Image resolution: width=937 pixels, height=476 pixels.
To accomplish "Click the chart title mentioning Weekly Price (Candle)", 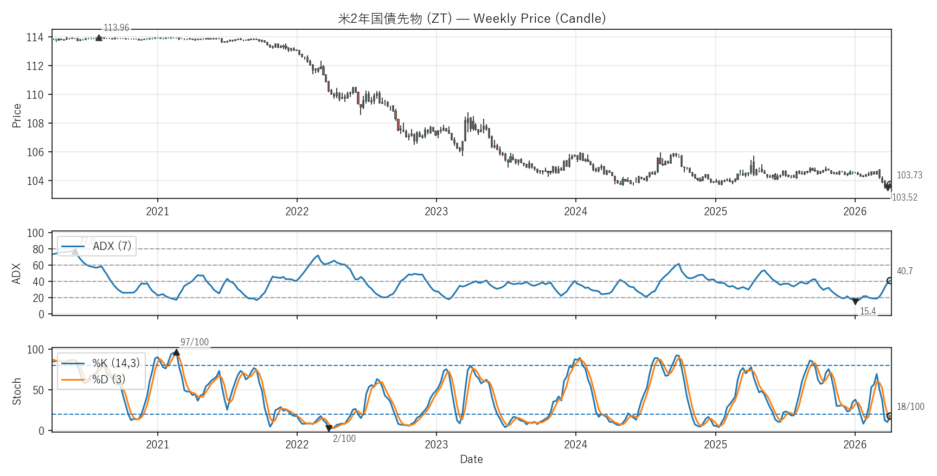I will [x=471, y=18].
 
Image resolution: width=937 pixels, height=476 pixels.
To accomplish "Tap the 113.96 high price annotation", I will [x=116, y=28].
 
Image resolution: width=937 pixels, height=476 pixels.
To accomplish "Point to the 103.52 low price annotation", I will [x=904, y=197].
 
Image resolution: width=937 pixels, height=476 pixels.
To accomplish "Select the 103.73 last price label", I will [x=909, y=175].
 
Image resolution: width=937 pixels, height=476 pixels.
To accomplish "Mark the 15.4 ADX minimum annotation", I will [x=868, y=311].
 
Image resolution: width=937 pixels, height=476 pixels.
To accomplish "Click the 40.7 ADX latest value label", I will [x=904, y=271].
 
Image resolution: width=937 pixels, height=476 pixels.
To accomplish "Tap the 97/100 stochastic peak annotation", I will [x=194, y=342].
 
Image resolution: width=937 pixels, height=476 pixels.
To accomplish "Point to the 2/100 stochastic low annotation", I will [x=344, y=439].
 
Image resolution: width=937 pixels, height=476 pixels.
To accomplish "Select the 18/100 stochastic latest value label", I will [x=910, y=407].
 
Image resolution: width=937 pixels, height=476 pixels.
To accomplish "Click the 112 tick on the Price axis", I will [x=35, y=66].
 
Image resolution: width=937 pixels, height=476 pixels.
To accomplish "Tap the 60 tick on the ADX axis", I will [x=38, y=266].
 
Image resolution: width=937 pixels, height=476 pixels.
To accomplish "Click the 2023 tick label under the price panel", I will [x=436, y=211].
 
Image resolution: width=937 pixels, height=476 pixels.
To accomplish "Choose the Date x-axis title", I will [x=471, y=459].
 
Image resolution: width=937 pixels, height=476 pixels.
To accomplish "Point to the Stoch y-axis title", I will [x=17, y=391].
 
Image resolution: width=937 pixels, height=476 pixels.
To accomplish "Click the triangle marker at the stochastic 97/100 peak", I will [x=176, y=352].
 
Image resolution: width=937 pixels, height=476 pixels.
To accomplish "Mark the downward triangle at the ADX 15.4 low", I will [x=855, y=301].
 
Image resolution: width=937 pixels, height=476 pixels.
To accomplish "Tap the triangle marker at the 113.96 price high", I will [x=99, y=38].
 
